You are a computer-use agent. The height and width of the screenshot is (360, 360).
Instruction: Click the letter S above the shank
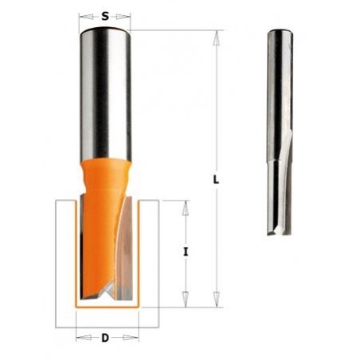[x=106, y=15]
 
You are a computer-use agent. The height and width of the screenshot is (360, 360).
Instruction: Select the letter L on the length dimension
[x=216, y=180]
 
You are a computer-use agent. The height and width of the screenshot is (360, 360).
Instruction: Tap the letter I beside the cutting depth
[x=185, y=252]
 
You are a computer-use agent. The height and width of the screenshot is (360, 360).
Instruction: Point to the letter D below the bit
[x=105, y=338]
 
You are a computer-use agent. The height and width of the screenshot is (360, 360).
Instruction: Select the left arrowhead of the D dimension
[x=80, y=338]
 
